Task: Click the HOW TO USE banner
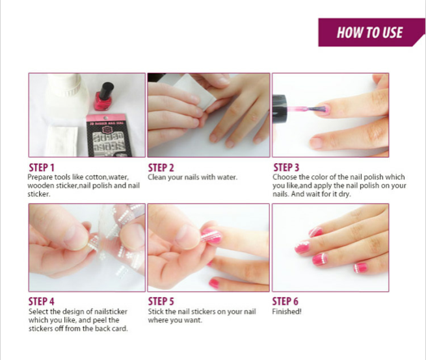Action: (371, 32)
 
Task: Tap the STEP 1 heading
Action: (42, 168)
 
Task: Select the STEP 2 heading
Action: (161, 168)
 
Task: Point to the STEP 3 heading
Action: (286, 167)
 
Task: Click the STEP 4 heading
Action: (41, 302)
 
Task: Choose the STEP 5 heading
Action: (161, 302)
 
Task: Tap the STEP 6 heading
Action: (286, 302)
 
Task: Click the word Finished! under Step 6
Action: (287, 311)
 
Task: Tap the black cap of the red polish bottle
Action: (106, 91)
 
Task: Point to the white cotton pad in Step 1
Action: (62, 140)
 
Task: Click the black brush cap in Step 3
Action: (280, 109)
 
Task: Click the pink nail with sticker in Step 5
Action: (211, 235)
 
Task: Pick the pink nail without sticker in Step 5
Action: (214, 283)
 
